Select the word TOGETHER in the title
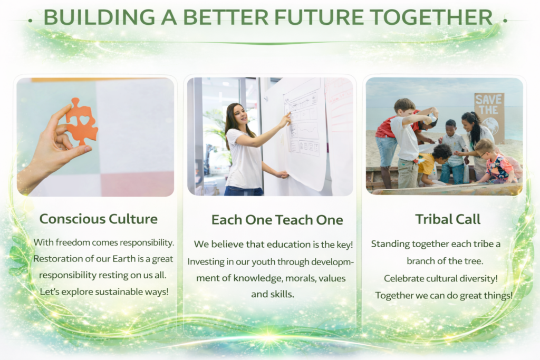click(x=431, y=17)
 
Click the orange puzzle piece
click(x=82, y=121)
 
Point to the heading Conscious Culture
click(x=99, y=219)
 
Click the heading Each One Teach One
click(x=277, y=220)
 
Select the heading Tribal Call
click(x=448, y=219)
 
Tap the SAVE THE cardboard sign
click(x=489, y=117)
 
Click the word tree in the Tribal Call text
click(x=474, y=261)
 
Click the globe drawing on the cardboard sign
click(x=490, y=125)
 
